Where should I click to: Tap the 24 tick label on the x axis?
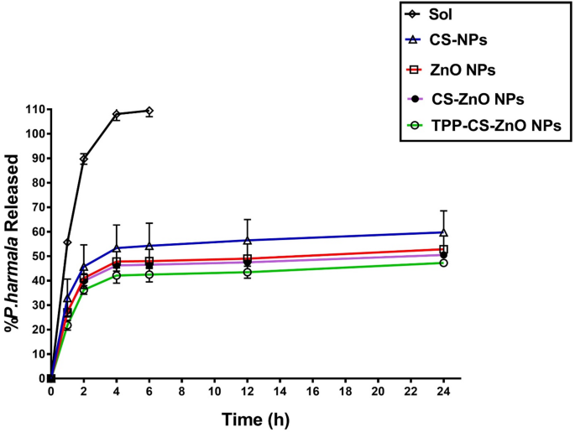click(443, 393)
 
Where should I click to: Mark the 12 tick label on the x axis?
click(247, 393)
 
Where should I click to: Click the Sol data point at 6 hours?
click(149, 111)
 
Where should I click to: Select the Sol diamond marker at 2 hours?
click(84, 159)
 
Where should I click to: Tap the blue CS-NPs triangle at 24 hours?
click(443, 232)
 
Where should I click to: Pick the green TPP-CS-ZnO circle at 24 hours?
click(443, 263)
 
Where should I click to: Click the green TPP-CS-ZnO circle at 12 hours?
click(247, 272)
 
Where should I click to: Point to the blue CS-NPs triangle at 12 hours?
click(247, 240)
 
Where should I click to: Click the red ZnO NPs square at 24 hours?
click(443, 249)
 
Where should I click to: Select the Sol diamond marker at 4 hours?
click(117, 114)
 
